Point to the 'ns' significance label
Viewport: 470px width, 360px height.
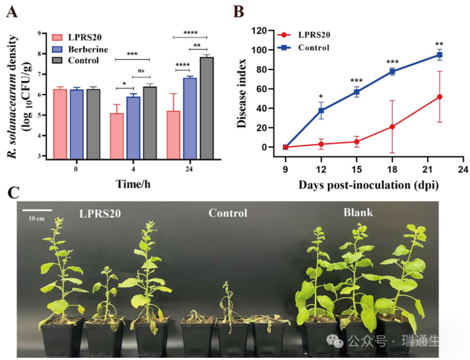[141, 70]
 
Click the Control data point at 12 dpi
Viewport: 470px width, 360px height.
[321, 110]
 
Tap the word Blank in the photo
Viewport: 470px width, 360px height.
[358, 213]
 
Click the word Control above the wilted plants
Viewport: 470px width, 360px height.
[228, 214]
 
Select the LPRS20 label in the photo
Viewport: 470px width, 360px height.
[100, 214]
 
